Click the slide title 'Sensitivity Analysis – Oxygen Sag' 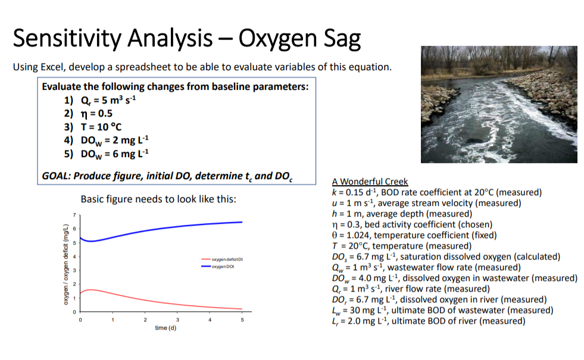[x=186, y=39]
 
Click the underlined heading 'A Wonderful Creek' [x=370, y=181]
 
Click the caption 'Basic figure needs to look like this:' [x=158, y=199]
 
